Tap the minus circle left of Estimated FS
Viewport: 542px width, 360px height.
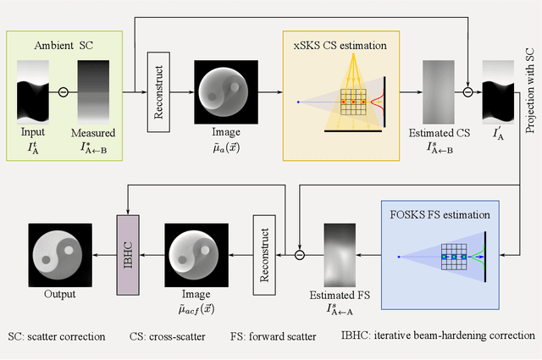[x=299, y=252]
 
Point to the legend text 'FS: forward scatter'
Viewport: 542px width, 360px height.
[x=274, y=336]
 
